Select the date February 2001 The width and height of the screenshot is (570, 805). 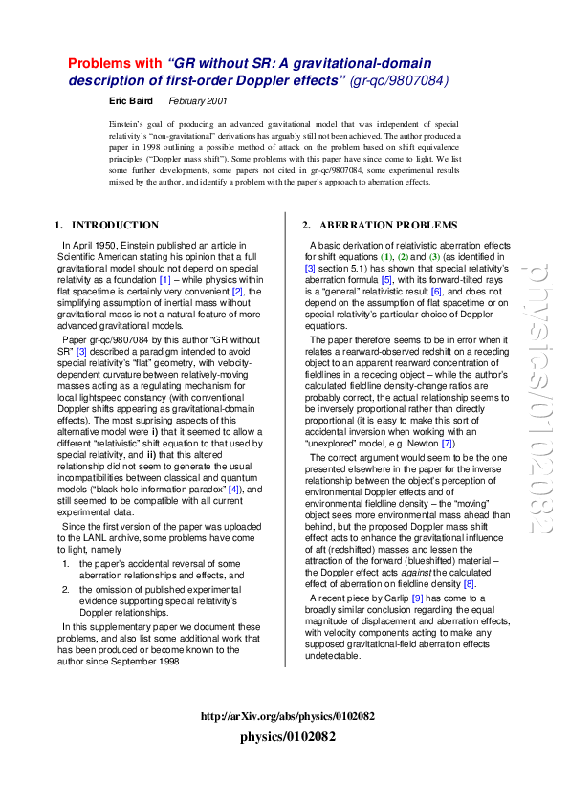click(x=197, y=99)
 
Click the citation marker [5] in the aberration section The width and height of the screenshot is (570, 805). click(x=386, y=279)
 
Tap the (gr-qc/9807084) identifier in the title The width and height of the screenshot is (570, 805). click(x=399, y=81)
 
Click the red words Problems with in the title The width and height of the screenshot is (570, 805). click(x=115, y=63)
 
